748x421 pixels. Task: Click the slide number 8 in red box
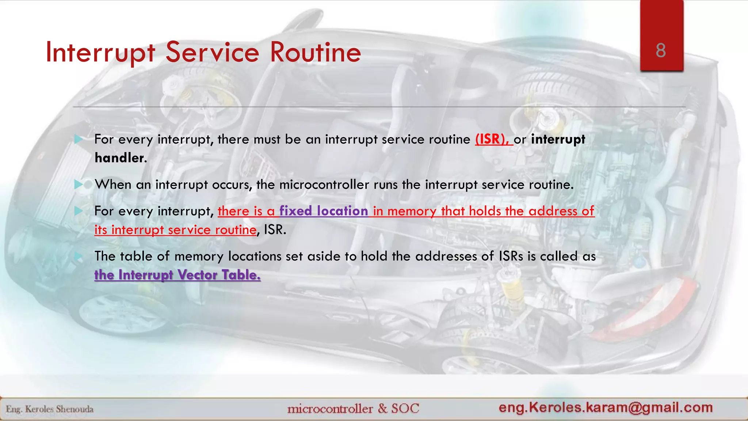[x=661, y=50]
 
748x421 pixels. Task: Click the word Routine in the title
[x=315, y=52]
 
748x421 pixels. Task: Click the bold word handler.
[x=121, y=158]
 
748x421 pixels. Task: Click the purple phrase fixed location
[x=324, y=211]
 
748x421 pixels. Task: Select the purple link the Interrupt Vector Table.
[x=178, y=275]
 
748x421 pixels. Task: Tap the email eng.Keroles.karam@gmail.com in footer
[x=606, y=407]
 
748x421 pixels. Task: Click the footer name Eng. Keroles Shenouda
[x=50, y=409]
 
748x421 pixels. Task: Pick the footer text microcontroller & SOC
[x=353, y=408]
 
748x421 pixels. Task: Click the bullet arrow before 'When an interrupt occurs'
[x=78, y=185]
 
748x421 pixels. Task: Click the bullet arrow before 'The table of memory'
[x=78, y=256]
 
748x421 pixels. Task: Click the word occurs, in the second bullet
[x=232, y=185]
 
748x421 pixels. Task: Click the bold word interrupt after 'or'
[x=558, y=139]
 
